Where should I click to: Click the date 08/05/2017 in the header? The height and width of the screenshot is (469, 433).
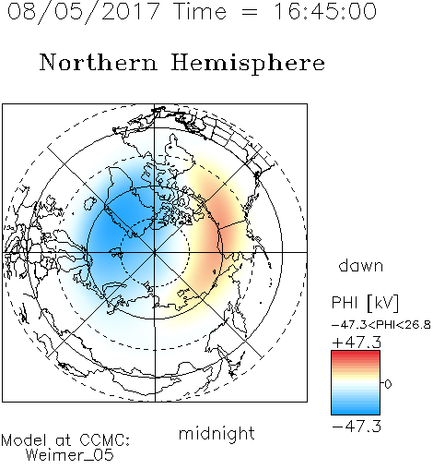click(83, 12)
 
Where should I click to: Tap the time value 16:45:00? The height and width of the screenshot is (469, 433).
click(324, 11)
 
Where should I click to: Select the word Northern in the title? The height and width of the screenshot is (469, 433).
click(99, 62)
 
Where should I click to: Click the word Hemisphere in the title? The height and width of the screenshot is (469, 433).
click(248, 64)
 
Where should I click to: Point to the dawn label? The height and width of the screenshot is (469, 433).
click(361, 265)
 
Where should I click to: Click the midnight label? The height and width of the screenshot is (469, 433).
click(216, 433)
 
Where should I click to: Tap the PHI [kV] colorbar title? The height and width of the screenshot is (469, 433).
click(365, 303)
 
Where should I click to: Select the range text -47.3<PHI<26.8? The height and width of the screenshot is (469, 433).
click(381, 325)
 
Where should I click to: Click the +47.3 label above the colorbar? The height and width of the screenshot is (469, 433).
click(357, 343)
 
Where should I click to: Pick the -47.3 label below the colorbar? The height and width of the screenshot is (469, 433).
click(357, 427)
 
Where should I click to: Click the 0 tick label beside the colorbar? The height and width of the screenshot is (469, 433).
click(388, 384)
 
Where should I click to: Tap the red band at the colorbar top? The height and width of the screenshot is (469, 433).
click(356, 355)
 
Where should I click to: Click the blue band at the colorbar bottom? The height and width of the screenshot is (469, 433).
click(356, 411)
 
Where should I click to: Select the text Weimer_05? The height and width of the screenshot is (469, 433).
click(70, 454)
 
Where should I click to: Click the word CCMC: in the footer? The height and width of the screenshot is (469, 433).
click(104, 440)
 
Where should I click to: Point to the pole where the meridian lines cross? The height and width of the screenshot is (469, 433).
click(155, 252)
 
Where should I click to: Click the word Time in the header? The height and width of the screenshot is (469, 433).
click(201, 11)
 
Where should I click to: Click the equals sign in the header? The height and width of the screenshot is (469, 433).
click(250, 13)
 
